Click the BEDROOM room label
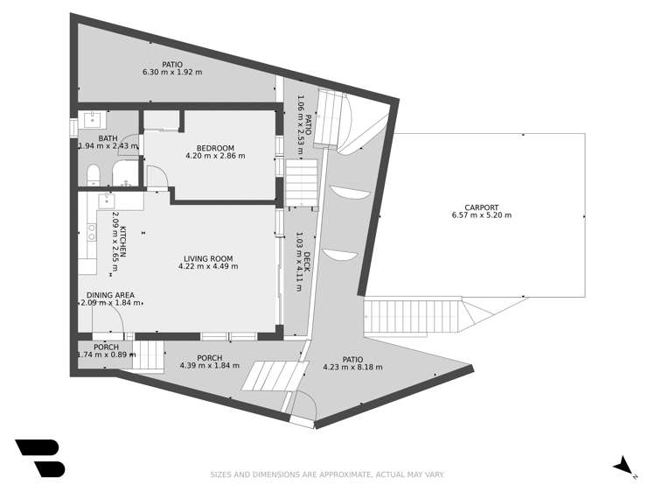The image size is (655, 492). [x=215, y=147]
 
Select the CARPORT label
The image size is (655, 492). [x=481, y=207]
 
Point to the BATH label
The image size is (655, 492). [x=107, y=138]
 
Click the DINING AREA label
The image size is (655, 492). [x=110, y=295]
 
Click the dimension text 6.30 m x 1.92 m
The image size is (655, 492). [x=172, y=72]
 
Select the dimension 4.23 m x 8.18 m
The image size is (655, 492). [x=352, y=368]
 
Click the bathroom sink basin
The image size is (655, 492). [x=93, y=120]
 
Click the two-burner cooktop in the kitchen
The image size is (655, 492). [x=91, y=232]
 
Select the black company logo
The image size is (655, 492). [x=39, y=458]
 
